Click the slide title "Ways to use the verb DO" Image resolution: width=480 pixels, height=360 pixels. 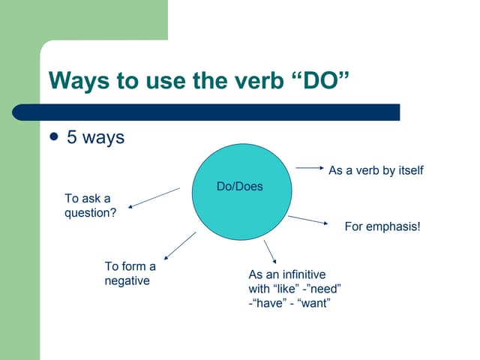coord(199,81)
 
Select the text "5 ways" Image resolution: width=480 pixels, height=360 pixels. coord(96,138)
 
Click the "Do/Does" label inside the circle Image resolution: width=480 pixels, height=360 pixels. coord(239,186)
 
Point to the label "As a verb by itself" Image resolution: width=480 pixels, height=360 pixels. coord(376,170)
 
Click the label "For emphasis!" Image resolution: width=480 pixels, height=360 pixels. coord(382,226)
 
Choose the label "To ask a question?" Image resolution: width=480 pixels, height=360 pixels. coord(90,205)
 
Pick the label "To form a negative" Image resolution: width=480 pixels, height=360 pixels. coord(130,274)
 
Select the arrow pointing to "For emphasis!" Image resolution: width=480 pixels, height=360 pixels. coord(308,220)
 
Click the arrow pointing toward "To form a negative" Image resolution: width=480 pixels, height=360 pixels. coord(179,245)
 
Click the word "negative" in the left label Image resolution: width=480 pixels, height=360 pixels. coord(127,281)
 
